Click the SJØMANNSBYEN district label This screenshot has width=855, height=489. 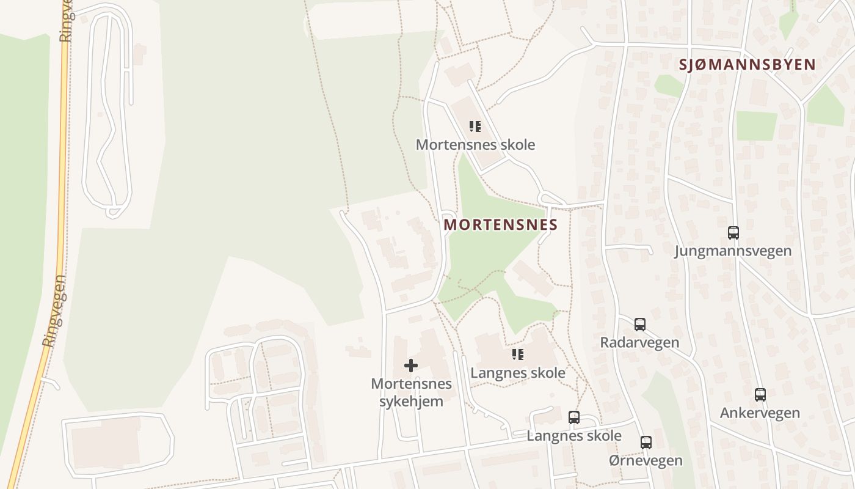tap(748, 65)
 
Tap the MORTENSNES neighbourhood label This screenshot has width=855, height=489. tap(501, 225)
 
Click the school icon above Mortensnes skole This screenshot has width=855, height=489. tap(475, 127)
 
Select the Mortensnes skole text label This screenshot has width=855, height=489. tap(475, 145)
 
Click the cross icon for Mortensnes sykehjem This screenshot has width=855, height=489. tap(411, 366)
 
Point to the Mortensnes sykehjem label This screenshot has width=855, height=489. tap(411, 392)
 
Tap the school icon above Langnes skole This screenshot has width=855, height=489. tap(518, 355)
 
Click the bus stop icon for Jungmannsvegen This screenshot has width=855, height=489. tap(733, 233)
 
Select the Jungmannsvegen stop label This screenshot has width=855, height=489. tap(733, 251)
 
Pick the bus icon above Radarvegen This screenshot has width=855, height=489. tap(639, 325)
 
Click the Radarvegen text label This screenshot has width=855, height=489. tap(639, 342)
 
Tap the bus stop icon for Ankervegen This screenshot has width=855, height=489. tap(760, 395)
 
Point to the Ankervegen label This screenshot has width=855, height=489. tap(760, 413)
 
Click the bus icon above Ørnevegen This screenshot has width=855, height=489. tap(646, 443)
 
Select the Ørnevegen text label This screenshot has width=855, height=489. tap(646, 460)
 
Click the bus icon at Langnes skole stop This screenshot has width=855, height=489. tap(574, 418)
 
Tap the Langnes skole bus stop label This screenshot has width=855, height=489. tap(574, 436)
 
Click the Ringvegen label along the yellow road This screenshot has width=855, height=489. tap(54, 312)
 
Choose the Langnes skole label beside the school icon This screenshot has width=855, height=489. tap(518, 373)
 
